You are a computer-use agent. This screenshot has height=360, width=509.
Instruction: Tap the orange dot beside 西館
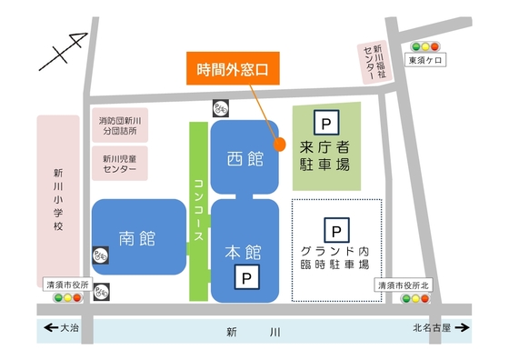click(x=280, y=144)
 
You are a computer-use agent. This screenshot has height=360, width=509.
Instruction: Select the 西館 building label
click(x=244, y=158)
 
